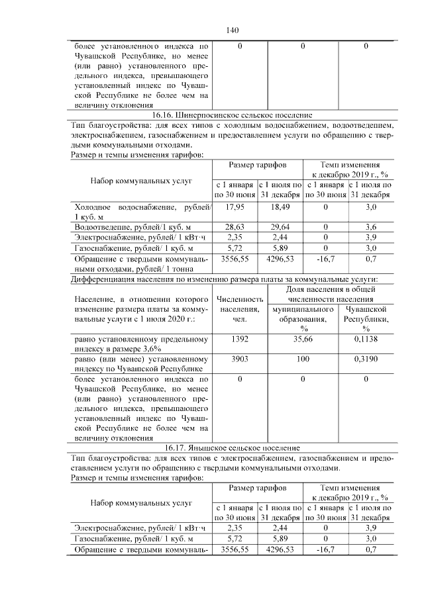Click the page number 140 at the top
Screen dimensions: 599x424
tap(232, 30)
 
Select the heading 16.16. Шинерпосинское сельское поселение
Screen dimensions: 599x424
tap(231, 115)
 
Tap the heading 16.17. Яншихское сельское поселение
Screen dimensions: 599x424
tap(231, 448)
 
